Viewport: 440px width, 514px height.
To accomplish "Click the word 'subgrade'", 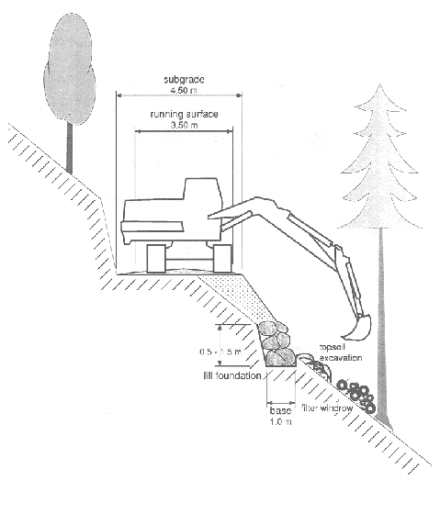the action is pos(184,80).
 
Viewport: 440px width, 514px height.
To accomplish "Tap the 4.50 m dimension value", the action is pos(184,90).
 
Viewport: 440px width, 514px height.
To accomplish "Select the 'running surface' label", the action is pos(184,115).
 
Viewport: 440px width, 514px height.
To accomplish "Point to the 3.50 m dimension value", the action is pos(184,125).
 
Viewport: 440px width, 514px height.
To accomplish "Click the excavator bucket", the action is pos(356,327).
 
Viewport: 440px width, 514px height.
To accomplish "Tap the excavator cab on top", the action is pos(201,189).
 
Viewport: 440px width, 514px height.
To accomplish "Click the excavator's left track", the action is pos(156,258).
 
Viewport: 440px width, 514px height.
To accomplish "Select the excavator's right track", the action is pos(223,258).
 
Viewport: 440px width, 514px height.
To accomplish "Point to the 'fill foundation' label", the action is pos(232,375).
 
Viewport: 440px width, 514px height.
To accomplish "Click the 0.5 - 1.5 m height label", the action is pos(220,352).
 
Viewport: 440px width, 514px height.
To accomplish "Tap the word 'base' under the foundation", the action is pos(280,410).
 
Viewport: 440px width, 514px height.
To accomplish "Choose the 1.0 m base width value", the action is pos(280,421).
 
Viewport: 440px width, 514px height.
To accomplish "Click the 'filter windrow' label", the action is pos(327,408).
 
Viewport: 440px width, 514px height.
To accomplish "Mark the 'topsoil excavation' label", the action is pos(341,352).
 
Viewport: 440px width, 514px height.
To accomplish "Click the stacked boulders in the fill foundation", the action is pos(276,343).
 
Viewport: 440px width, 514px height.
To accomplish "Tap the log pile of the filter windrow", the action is pos(357,396).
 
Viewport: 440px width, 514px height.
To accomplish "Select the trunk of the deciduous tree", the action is pos(69,148).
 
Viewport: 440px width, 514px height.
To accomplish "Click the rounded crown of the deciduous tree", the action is pos(69,69).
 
